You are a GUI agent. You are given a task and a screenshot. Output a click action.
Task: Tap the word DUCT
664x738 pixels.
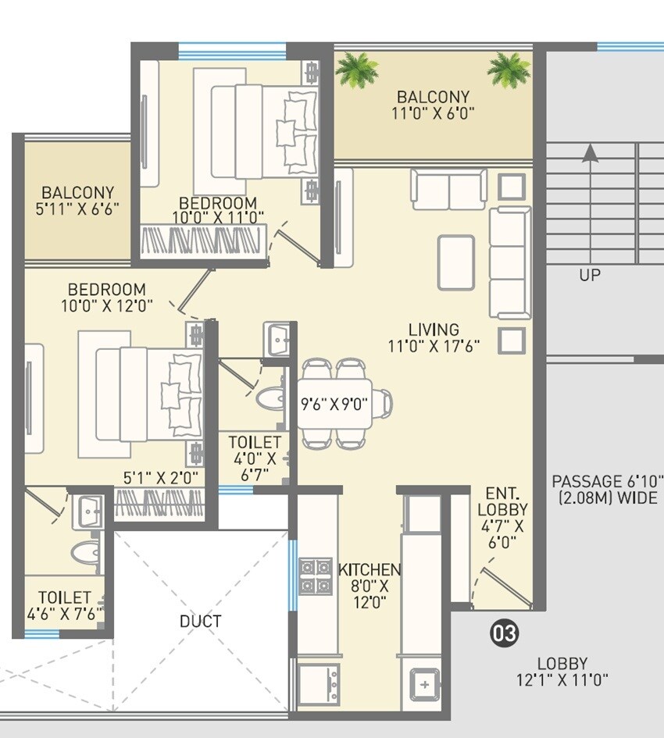tap(200, 622)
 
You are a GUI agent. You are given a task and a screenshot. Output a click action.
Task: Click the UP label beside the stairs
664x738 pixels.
tap(590, 275)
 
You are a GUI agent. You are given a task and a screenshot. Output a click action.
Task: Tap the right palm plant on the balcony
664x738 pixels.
tap(509, 70)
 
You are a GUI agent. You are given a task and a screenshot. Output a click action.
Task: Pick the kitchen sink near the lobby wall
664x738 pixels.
tap(424, 686)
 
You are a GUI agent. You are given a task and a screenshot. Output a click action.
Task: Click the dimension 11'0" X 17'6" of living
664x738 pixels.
tap(433, 345)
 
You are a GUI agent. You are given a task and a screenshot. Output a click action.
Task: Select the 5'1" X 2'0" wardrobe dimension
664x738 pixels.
tap(161, 476)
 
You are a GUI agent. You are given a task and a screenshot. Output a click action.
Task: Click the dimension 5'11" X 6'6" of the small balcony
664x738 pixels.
tap(77, 209)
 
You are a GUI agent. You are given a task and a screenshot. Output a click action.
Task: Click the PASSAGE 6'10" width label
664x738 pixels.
tap(607, 490)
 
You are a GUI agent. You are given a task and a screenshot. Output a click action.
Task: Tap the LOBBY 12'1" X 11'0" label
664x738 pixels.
tap(562, 671)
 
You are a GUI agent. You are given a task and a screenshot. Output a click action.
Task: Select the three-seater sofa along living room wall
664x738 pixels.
tap(510, 262)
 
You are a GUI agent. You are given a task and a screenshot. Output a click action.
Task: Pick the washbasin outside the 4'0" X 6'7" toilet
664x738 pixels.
tap(277, 339)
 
